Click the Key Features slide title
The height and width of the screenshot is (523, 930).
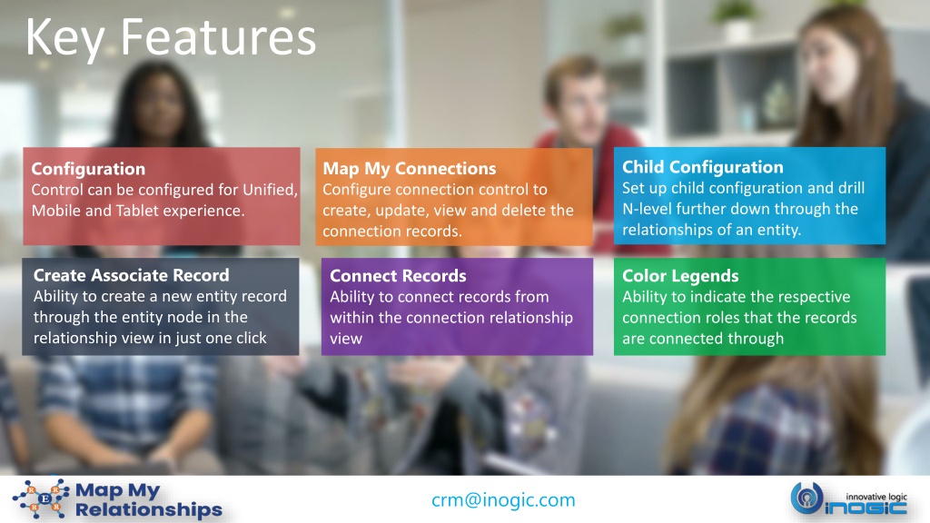click(x=171, y=37)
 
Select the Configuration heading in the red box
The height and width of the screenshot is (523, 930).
click(x=88, y=169)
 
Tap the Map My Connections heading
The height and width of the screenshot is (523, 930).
click(x=410, y=168)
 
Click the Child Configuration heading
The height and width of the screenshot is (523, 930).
click(x=703, y=167)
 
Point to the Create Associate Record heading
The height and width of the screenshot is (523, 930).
click(x=131, y=275)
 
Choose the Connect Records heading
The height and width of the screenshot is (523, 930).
click(x=398, y=276)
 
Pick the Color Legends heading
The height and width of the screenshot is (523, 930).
click(x=680, y=276)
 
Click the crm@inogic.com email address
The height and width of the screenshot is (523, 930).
click(x=503, y=500)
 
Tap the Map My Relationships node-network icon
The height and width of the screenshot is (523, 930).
click(x=42, y=498)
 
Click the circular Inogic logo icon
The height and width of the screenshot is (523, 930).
click(x=806, y=498)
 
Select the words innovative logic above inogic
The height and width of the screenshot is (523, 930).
click(x=876, y=497)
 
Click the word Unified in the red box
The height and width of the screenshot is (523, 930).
click(x=270, y=190)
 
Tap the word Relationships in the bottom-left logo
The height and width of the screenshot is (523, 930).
click(x=149, y=509)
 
